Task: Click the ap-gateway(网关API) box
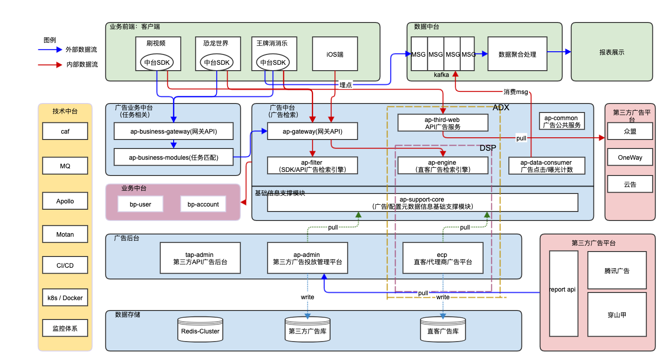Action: pos(312,131)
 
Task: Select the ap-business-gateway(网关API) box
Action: pos(174,131)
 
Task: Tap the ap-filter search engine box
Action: pos(312,166)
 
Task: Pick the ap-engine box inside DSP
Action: pos(443,166)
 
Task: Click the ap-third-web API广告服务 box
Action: pos(443,123)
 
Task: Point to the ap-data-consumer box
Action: pos(546,166)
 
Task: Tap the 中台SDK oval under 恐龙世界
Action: pos(216,63)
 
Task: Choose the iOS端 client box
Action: pos(335,54)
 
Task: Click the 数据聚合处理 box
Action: pos(517,54)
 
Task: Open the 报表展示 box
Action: pos(611,52)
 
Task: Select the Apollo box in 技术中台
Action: pos(65,201)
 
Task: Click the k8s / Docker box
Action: pos(65,298)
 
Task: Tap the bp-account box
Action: pos(203,204)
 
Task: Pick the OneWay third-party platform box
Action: pos(630,157)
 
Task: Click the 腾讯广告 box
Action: pos(617,271)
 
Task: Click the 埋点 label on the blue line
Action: pos(345,85)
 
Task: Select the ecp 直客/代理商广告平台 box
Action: pos(443,258)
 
